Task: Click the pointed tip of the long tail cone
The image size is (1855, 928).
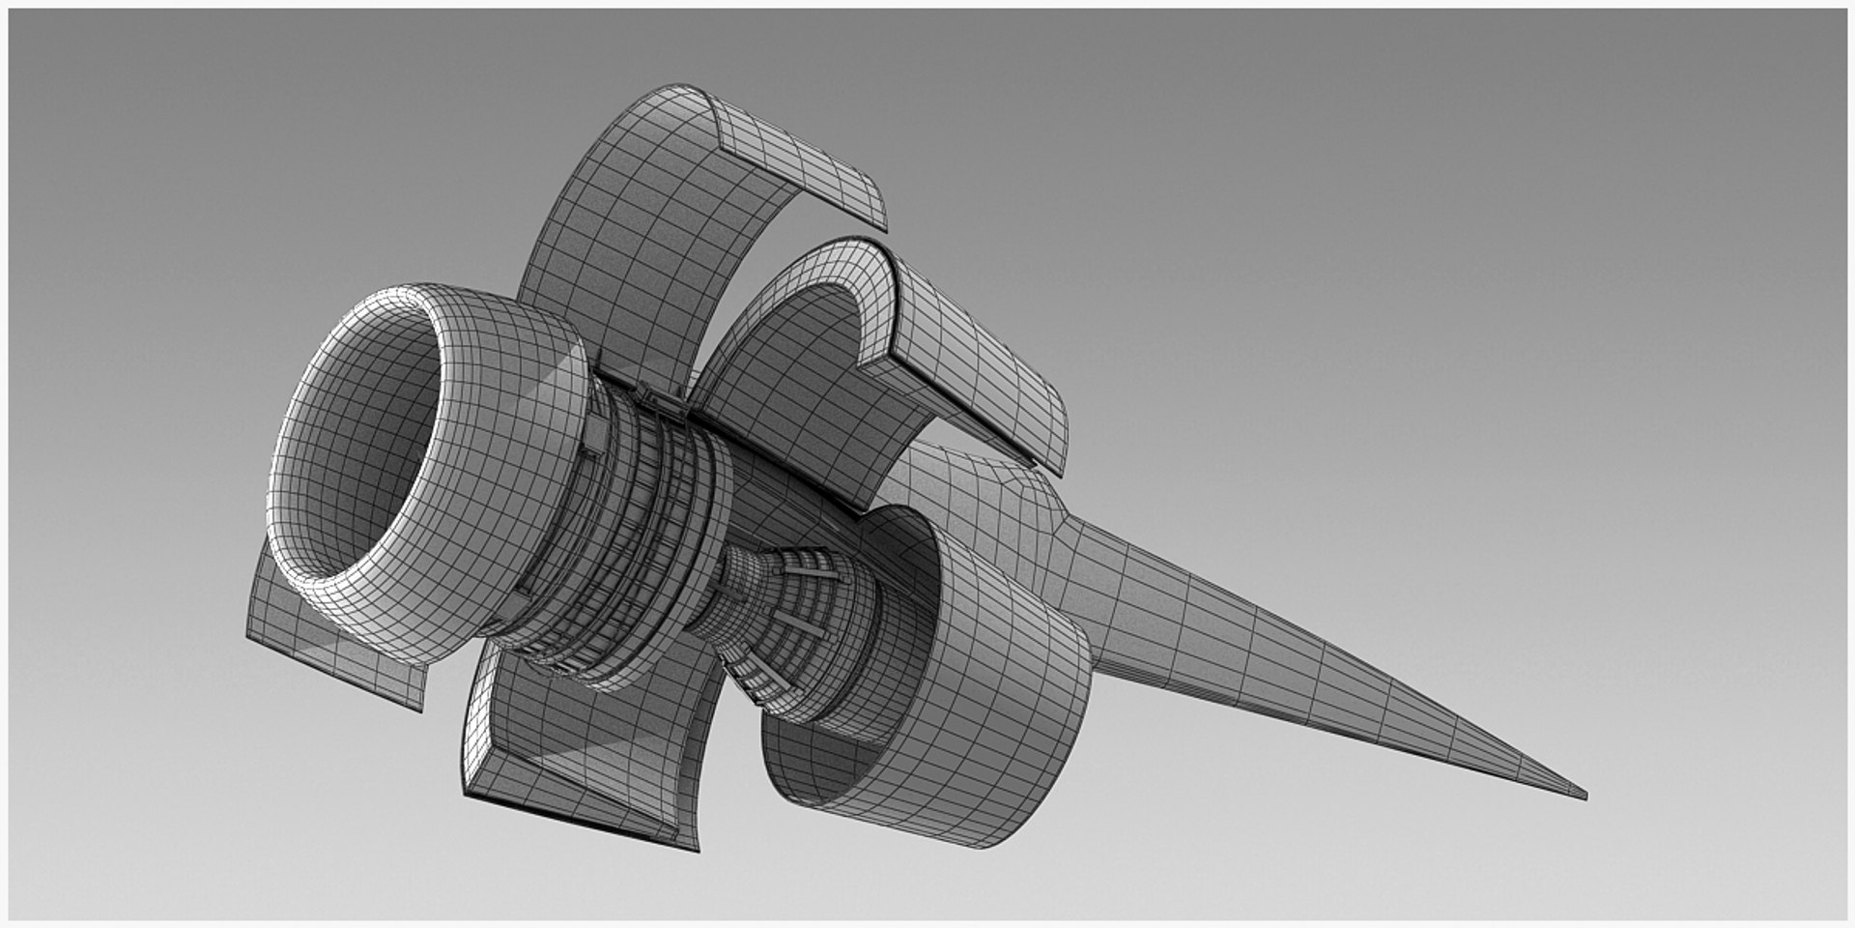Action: click(1583, 796)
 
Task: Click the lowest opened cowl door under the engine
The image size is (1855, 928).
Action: click(580, 744)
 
